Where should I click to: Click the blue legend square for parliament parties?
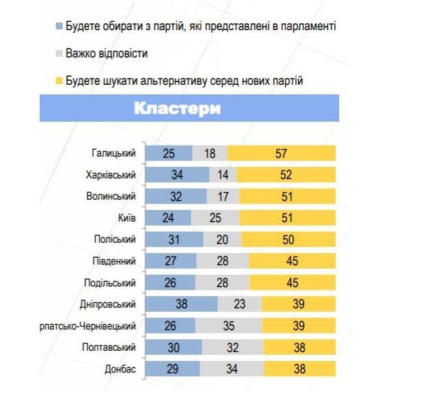[x=59, y=27]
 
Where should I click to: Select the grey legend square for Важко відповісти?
[x=59, y=53]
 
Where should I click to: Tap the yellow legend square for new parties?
[x=59, y=81]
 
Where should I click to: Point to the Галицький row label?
[x=114, y=153]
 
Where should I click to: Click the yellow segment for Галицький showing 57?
[x=282, y=153]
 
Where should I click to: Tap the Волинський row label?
[x=113, y=197]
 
